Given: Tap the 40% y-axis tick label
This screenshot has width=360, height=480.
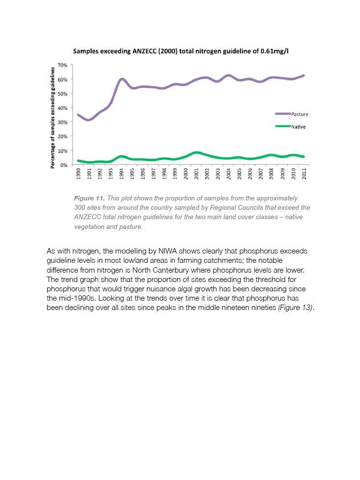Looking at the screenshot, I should tap(63, 108).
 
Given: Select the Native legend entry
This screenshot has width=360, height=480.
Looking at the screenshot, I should tap(298, 127).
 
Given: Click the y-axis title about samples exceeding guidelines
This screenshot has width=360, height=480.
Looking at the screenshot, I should tap(53, 115).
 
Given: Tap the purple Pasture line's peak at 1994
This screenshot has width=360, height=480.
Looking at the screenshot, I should tap(121, 79).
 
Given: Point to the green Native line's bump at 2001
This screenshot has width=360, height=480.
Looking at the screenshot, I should tap(197, 153).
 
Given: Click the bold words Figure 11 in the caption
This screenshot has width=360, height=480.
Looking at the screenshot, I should tap(88, 198).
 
